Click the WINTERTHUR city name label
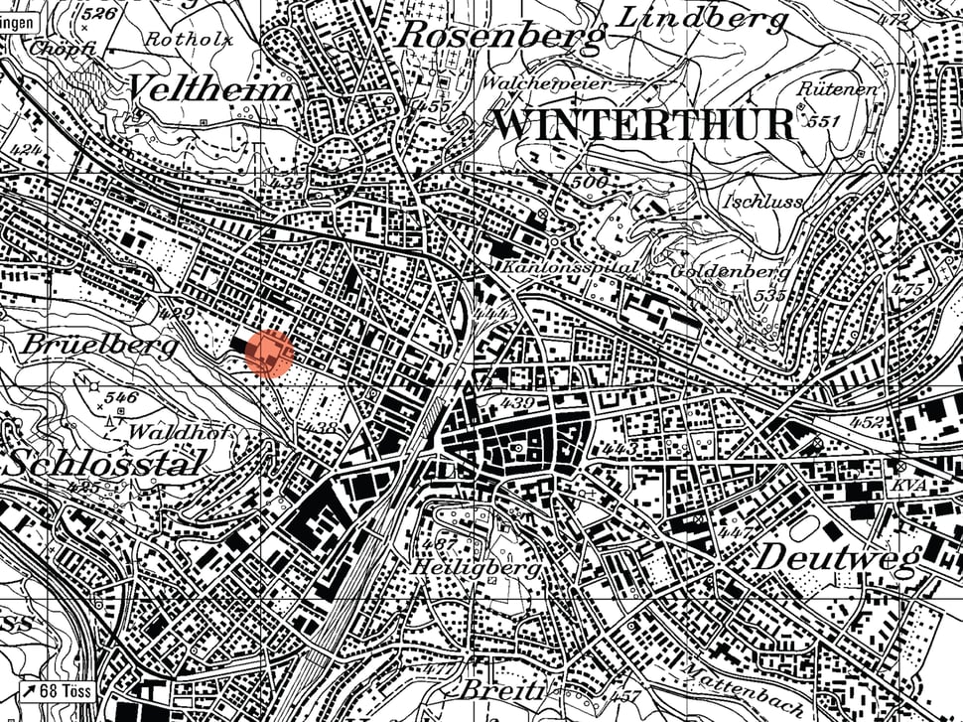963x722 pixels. (x=644, y=125)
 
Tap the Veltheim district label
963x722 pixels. (x=211, y=88)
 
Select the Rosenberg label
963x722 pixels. (x=501, y=36)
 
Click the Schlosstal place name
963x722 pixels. (x=106, y=462)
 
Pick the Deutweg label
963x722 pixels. (x=839, y=557)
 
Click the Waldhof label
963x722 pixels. (x=166, y=433)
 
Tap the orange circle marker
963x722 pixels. (x=269, y=354)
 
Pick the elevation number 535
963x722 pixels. (x=769, y=295)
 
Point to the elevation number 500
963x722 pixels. (x=589, y=182)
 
